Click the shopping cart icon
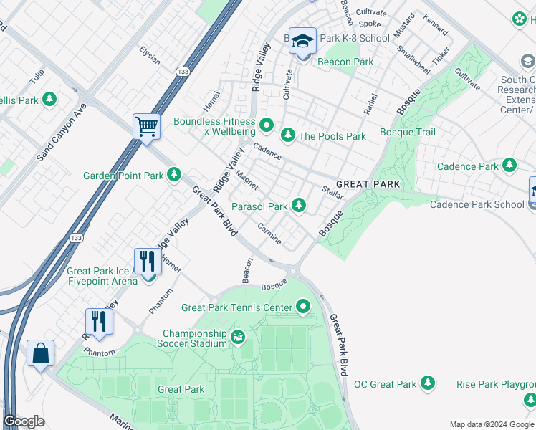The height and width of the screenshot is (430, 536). [146, 127]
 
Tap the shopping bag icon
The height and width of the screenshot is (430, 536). [41, 353]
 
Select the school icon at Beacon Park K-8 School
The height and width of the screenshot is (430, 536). [302, 42]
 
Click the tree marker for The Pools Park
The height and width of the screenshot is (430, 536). [287, 135]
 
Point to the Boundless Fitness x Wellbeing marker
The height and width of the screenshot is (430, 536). [267, 126]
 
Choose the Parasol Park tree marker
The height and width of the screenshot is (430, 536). [298, 206]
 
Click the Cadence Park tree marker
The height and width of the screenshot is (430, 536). [509, 166]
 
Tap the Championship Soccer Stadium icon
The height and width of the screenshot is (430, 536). [238, 335]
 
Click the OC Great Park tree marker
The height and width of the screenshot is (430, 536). [428, 383]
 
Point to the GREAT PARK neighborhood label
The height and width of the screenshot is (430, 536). [368, 184]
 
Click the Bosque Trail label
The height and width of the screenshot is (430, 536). [407, 132]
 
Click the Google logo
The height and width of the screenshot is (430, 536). [24, 421]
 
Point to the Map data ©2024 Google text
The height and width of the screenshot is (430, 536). [492, 424]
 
